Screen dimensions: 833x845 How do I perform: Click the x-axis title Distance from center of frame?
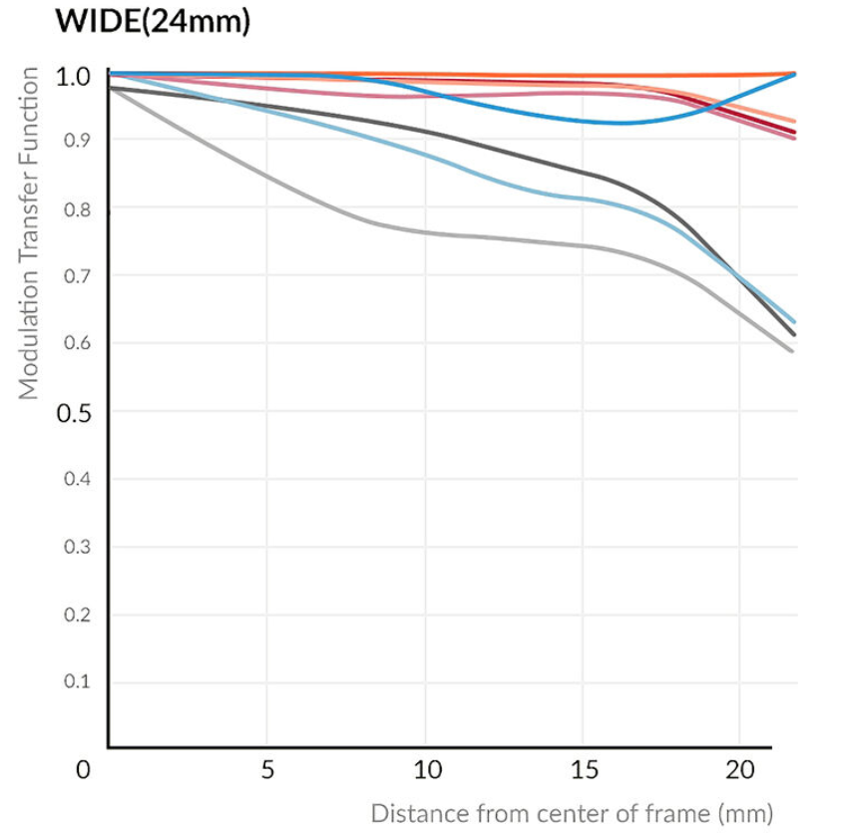(x=572, y=813)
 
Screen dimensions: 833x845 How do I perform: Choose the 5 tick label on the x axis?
(x=266, y=770)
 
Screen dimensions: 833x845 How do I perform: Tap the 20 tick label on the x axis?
(x=739, y=770)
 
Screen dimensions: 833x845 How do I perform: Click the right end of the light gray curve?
(x=792, y=350)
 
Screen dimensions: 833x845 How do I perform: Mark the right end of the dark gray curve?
(x=794, y=334)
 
